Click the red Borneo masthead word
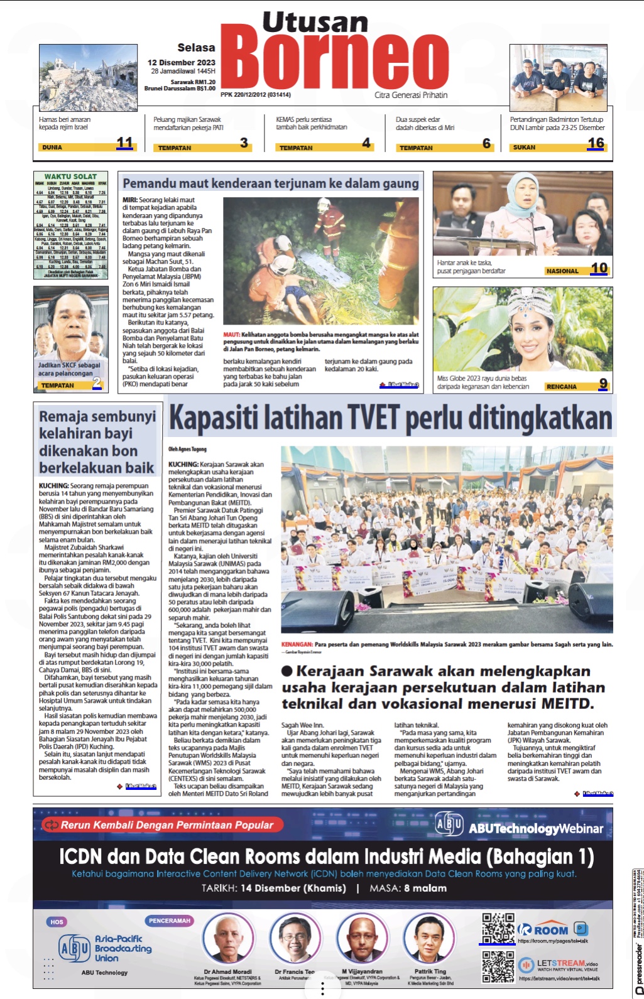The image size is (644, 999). pyautogui.click(x=334, y=60)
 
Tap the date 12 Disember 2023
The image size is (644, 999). pyautogui.click(x=181, y=62)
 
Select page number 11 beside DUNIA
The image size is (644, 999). pyautogui.click(x=124, y=143)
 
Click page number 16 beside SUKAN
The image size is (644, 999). pyautogui.click(x=596, y=143)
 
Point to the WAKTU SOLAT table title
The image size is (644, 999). pyautogui.click(x=70, y=176)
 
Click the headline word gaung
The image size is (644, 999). pyautogui.click(x=400, y=183)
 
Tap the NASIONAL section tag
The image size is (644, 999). pyautogui.click(x=562, y=271)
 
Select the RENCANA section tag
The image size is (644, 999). pyautogui.click(x=561, y=387)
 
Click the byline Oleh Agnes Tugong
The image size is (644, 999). pyautogui.click(x=187, y=449)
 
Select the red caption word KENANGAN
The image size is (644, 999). pyautogui.click(x=297, y=644)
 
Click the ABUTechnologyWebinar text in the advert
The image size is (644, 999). pyautogui.click(x=535, y=828)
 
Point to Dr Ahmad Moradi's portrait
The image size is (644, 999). pyautogui.click(x=227, y=938)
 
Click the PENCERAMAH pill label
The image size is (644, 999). pyautogui.click(x=169, y=921)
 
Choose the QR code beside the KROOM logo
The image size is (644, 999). pyautogui.click(x=497, y=927)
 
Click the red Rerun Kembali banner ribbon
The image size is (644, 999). pyautogui.click(x=162, y=825)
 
